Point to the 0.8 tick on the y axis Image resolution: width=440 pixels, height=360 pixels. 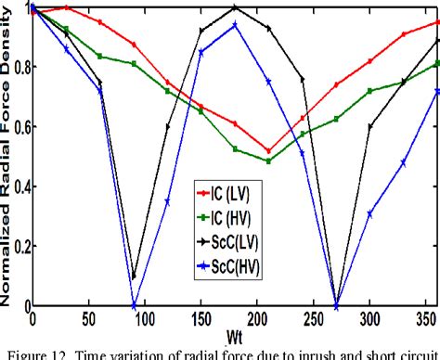[20, 68]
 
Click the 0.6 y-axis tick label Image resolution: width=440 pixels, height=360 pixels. [20, 127]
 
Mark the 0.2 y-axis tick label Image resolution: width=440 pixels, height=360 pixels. [20, 247]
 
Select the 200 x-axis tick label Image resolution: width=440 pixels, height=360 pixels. [257, 317]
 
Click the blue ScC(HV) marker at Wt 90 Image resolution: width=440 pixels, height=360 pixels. [134, 306]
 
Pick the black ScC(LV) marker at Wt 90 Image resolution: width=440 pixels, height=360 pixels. [134, 276]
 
